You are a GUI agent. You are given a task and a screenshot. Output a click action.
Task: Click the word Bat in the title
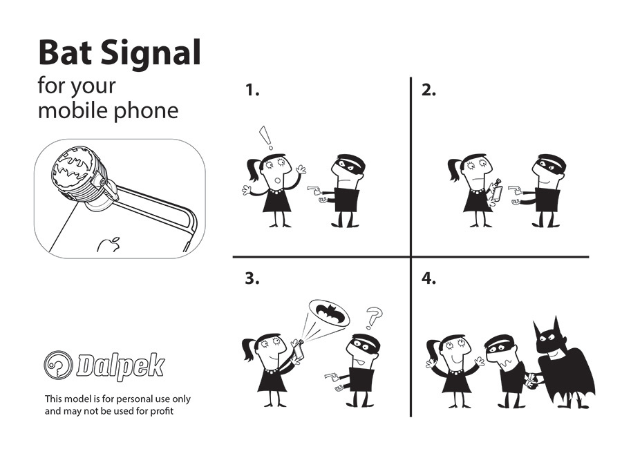point(65,53)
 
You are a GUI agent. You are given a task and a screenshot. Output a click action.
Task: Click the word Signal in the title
point(151,55)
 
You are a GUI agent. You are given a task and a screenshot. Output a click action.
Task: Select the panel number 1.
point(252,90)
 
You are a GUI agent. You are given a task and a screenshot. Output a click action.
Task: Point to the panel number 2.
point(428,90)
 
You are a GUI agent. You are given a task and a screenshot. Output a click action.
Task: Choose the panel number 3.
point(252,278)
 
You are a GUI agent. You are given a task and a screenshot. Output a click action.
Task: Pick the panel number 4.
point(428,278)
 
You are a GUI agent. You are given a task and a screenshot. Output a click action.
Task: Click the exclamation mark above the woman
point(266,137)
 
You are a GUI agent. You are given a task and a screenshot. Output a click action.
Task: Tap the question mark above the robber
point(374,317)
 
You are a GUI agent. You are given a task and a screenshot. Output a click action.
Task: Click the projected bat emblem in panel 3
point(329,313)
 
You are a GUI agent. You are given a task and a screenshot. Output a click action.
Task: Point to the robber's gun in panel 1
point(314,189)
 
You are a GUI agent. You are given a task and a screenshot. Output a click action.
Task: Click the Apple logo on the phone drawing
point(109,245)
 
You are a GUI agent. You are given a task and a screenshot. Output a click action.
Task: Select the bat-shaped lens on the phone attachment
point(74,168)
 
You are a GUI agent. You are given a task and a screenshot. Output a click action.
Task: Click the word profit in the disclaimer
point(162,411)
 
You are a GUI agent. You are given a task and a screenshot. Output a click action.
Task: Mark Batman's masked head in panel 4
point(552,337)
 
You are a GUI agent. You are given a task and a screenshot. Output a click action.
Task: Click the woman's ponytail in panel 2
point(453,170)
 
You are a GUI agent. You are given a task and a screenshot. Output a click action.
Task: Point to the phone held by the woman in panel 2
point(497,192)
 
